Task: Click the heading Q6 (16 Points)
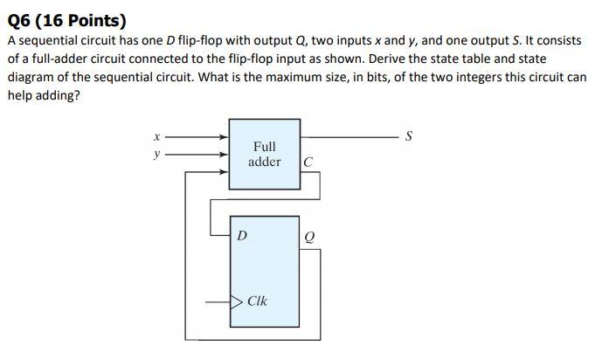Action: [x=66, y=21]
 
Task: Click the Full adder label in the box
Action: [x=264, y=155]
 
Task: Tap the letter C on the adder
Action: [x=308, y=162]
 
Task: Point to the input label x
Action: [x=156, y=136]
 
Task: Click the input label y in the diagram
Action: [x=156, y=154]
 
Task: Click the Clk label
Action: [x=258, y=301]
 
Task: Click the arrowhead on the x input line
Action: [x=224, y=136]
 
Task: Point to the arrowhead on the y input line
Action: [x=224, y=154]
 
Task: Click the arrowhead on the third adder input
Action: [x=224, y=171]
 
